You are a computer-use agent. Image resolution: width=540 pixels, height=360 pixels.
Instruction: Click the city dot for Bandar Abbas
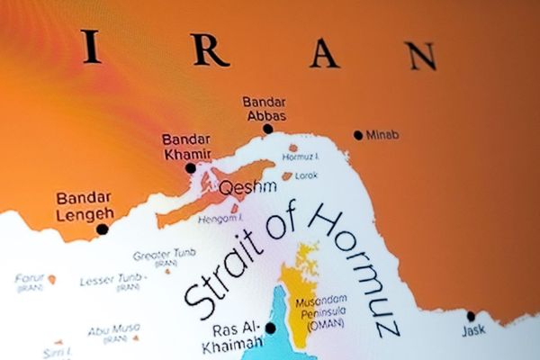tap(267, 129)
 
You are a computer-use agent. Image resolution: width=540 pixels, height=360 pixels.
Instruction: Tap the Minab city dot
tap(358, 135)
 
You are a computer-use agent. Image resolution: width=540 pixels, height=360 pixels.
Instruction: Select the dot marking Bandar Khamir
tap(190, 167)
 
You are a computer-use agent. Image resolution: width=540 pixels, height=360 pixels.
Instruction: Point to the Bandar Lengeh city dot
tap(102, 229)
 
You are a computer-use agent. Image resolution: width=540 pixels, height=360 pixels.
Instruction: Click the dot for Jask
tap(471, 316)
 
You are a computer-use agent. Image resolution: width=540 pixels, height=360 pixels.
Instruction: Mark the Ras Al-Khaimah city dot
tap(270, 328)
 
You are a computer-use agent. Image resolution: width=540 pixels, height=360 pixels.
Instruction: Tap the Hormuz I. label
tap(301, 157)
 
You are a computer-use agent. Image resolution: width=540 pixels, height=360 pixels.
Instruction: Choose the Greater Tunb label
tap(164, 256)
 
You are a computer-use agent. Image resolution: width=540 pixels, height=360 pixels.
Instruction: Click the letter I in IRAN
tap(90, 47)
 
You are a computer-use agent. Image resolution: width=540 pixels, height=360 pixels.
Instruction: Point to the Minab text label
tap(382, 135)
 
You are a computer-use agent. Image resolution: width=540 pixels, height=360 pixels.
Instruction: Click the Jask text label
tap(473, 331)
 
